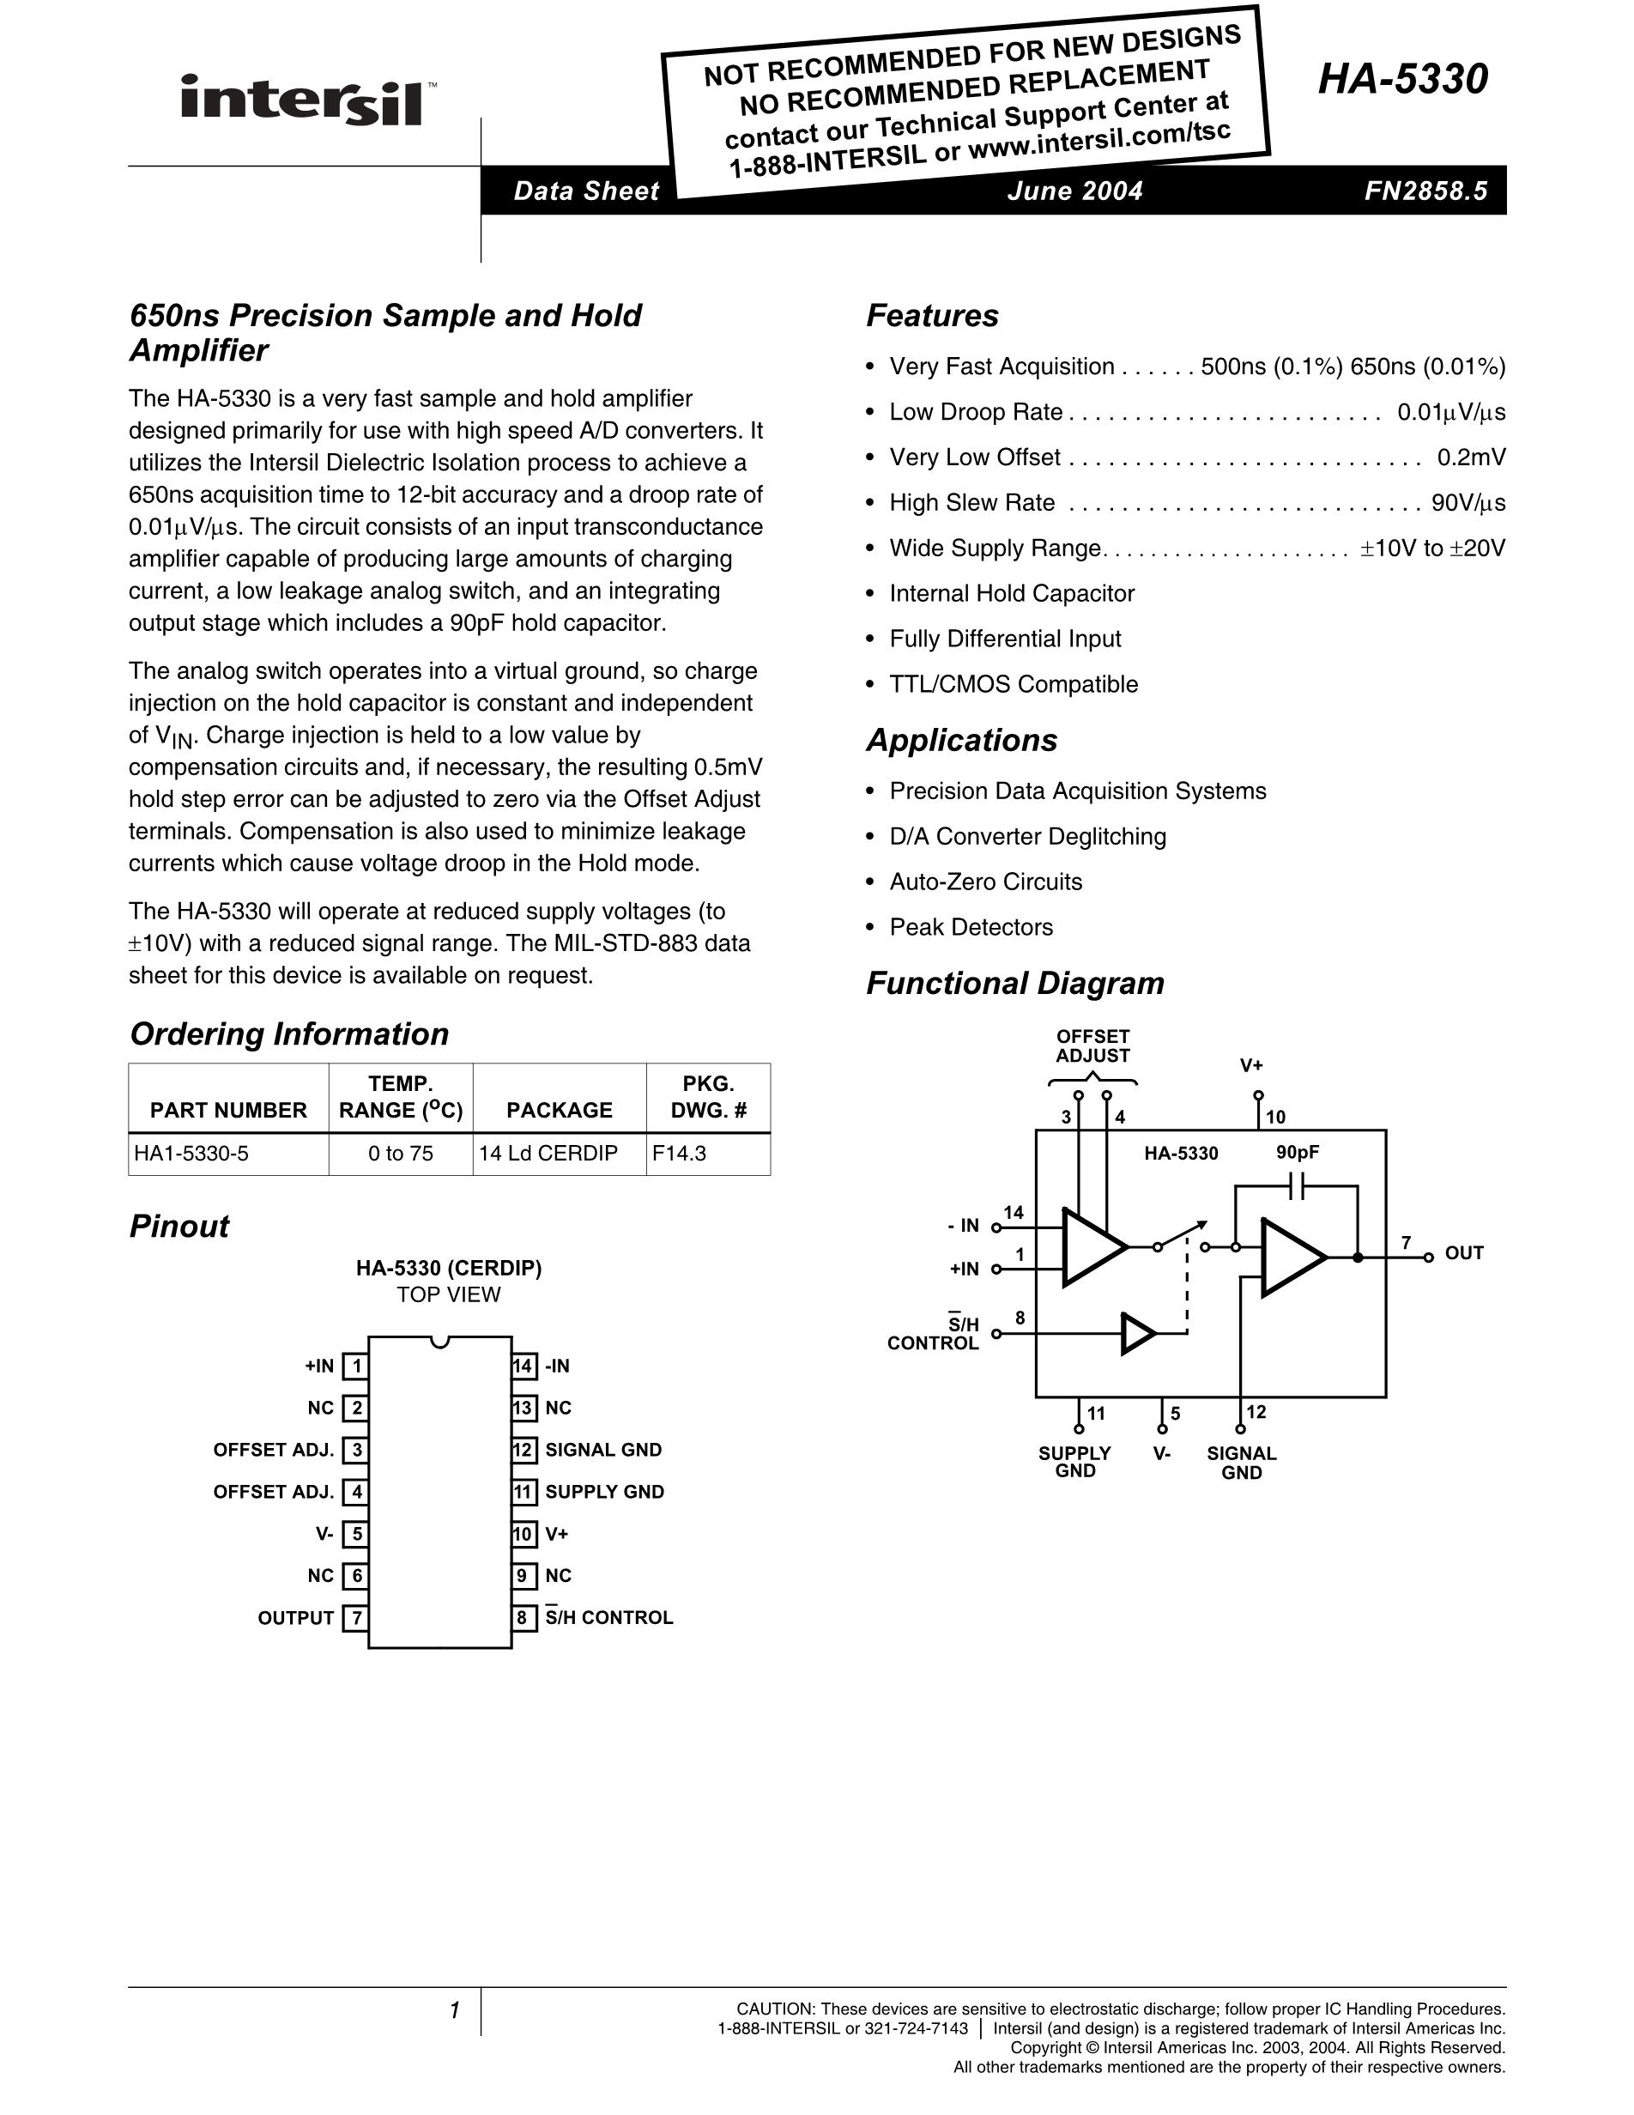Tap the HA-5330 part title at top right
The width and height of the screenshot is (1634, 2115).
tap(1401, 80)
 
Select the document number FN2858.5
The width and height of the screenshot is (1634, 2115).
tap(1425, 191)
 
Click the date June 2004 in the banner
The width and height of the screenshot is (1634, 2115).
tap(1074, 191)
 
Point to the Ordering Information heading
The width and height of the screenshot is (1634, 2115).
tap(288, 1034)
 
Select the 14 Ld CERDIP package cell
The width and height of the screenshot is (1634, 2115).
tap(548, 1154)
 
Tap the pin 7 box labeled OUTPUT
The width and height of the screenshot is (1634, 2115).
tap(356, 1617)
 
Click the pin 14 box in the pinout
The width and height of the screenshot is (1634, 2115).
tap(523, 1367)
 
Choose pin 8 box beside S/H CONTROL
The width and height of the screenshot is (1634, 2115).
tap(523, 1617)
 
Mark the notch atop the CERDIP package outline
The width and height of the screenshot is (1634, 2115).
tap(440, 1342)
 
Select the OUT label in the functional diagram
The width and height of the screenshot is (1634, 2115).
tap(1463, 1253)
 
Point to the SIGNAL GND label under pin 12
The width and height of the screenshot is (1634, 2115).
tap(1241, 1464)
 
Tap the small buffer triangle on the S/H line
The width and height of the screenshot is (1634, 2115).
tap(1137, 1334)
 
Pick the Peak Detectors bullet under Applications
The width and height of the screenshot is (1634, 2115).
tap(971, 927)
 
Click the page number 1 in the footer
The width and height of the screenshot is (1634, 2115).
tap(454, 2011)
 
